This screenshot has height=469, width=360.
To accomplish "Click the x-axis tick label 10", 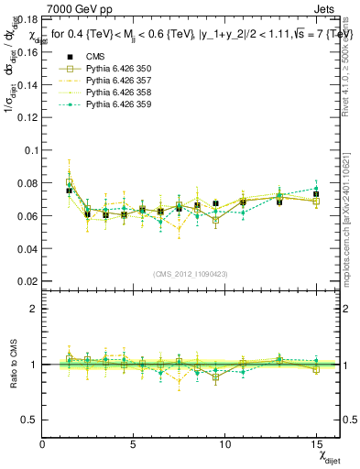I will coord(224,444).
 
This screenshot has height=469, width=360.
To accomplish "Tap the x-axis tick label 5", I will coord(134,444).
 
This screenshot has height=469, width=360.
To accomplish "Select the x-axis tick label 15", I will coord(315,444).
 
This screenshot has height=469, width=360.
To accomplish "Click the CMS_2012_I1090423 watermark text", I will coord(191,274).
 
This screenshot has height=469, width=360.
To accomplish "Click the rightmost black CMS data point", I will coord(316,195).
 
